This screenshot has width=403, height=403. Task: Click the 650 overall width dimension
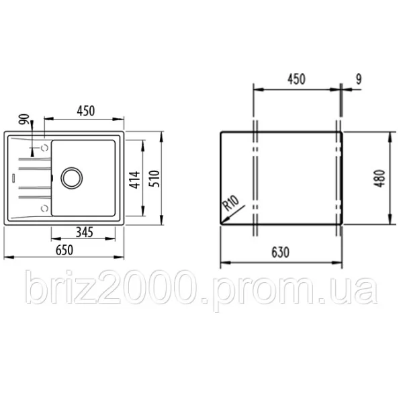click(x=64, y=250)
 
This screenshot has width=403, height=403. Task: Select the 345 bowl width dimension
click(x=85, y=232)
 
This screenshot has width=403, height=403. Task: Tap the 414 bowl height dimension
click(x=134, y=179)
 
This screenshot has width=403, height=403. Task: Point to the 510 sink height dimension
click(x=154, y=179)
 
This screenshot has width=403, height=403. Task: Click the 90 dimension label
click(x=24, y=119)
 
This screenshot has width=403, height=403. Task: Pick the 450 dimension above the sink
click(x=86, y=111)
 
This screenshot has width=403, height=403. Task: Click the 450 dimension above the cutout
click(x=296, y=79)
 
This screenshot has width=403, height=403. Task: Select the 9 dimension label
click(x=359, y=79)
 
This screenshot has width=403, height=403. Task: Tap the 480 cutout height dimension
click(x=379, y=179)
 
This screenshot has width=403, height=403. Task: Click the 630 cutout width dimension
click(x=280, y=253)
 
